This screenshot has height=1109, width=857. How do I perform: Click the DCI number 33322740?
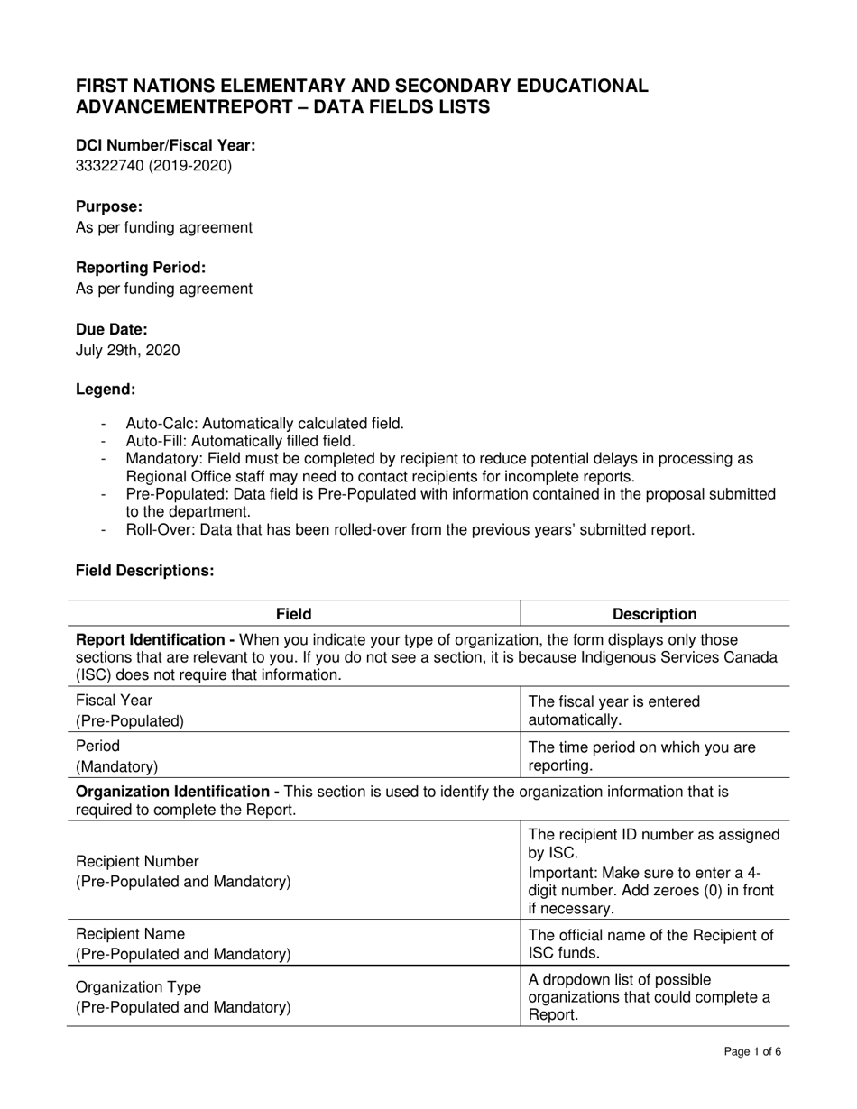[107, 166]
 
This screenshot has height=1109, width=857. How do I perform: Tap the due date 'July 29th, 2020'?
[127, 350]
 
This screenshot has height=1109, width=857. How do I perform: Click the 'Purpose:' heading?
[109, 206]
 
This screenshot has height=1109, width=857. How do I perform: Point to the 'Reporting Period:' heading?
[141, 268]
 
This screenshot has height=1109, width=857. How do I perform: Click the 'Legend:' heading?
[106, 390]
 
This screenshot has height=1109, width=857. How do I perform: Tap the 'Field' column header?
[293, 614]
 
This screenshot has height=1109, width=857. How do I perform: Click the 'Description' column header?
[654, 614]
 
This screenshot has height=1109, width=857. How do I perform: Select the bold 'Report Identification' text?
[154, 640]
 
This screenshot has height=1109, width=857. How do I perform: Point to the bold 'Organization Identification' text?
[177, 791]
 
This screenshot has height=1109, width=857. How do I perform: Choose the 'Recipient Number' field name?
[137, 861]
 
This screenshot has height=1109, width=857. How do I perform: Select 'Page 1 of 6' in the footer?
[752, 1051]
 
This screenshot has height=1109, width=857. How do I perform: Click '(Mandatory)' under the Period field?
[116, 766]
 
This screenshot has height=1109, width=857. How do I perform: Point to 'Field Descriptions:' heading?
[144, 571]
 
